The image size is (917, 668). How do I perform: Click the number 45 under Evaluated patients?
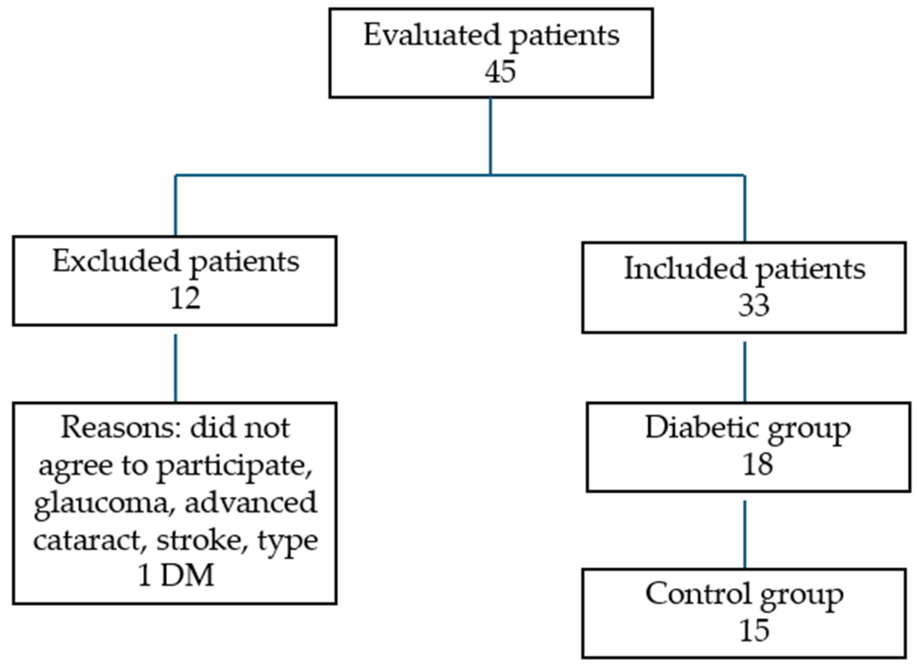500,72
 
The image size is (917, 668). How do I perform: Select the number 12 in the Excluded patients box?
185,298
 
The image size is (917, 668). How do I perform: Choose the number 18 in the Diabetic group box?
758,464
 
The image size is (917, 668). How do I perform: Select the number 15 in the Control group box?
754,631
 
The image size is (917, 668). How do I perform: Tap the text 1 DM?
176,576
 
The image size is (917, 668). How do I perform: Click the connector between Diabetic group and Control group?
745,534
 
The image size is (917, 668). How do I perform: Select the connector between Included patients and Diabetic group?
745,372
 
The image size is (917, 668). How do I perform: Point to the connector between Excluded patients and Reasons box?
176,368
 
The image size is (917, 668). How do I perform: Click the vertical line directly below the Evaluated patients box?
491,136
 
